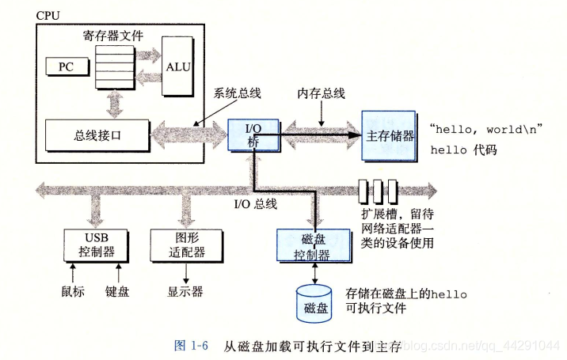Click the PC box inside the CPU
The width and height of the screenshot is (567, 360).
65,66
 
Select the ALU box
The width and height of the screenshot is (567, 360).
177,66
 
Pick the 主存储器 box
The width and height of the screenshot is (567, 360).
390,135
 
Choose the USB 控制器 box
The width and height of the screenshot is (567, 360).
97,245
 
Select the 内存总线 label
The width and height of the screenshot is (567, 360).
321,93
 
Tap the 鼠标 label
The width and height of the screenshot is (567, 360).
72,291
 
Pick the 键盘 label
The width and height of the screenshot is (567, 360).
117,291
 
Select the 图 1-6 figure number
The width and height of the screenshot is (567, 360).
190,346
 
